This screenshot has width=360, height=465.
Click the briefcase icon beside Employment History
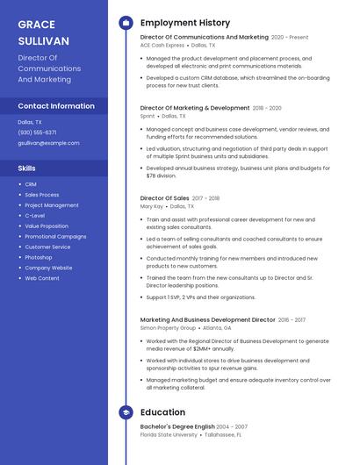point(126,23)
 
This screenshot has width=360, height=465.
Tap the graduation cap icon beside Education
point(126,411)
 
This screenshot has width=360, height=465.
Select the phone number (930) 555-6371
point(37,132)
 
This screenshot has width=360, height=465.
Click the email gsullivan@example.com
point(48,143)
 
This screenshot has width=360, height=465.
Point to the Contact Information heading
point(56,106)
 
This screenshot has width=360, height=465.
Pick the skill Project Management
point(52,205)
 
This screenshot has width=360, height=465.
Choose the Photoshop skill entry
point(39,257)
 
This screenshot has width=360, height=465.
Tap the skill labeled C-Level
point(35,216)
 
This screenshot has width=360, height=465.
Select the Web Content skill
point(42,278)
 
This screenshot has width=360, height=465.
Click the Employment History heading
point(185,23)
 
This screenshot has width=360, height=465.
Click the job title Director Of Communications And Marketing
point(205,38)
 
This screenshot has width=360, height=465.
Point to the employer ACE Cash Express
point(162,45)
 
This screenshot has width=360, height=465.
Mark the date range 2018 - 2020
point(267,108)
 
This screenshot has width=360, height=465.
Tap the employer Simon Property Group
point(168,327)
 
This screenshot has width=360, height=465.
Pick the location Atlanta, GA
point(217,327)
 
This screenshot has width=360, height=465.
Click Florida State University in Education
point(169,434)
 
